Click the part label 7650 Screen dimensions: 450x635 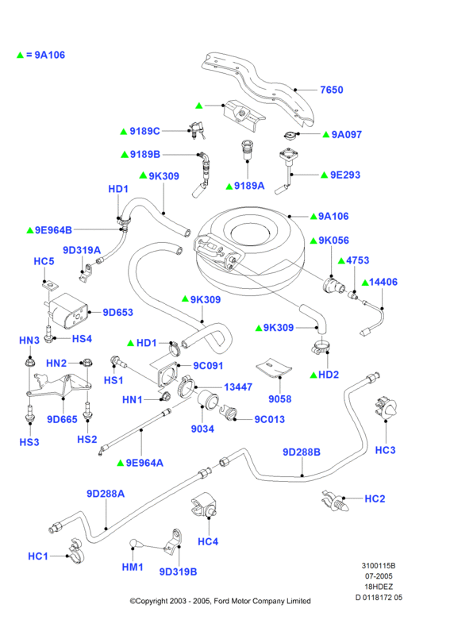click(x=331, y=90)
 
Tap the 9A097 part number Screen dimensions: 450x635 click(x=346, y=134)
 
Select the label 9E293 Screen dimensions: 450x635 click(x=345, y=175)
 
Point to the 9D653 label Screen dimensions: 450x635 click(x=118, y=312)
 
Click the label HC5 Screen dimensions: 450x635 click(x=44, y=262)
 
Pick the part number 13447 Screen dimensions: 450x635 click(x=238, y=387)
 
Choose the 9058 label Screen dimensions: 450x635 click(x=280, y=399)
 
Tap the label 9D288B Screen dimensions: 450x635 click(x=302, y=452)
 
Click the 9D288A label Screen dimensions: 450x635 click(x=106, y=494)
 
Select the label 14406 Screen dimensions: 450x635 click(x=383, y=282)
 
